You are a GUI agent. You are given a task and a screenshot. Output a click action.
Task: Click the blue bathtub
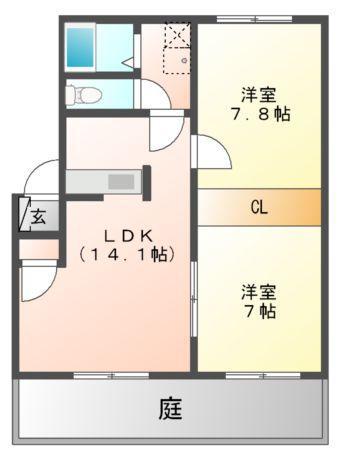pyautogui.click(x=80, y=47)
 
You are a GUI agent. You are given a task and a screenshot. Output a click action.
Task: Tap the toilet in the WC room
pyautogui.click(x=83, y=94)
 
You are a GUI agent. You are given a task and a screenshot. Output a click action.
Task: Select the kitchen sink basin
pyautogui.click(x=121, y=182)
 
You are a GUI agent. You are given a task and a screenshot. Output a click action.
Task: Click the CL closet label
pyautogui.click(x=259, y=207)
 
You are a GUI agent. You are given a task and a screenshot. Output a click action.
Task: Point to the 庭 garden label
pyautogui.click(x=170, y=409)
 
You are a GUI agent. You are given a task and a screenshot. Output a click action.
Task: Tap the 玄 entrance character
pyautogui.click(x=38, y=218)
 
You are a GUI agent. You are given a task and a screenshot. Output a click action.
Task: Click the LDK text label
pyautogui.click(x=128, y=236)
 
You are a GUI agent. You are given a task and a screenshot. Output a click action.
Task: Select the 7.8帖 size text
pyautogui.click(x=261, y=115)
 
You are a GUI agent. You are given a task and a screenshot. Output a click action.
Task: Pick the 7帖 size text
pyautogui.click(x=261, y=311)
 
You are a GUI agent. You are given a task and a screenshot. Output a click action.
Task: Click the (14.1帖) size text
pyautogui.click(x=127, y=255)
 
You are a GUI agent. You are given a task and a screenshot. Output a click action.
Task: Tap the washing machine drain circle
pyautogui.click(x=184, y=60)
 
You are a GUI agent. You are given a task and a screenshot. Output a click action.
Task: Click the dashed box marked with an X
pyautogui.click(x=178, y=34)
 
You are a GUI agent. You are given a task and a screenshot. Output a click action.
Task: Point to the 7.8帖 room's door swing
pyautogui.click(x=211, y=151)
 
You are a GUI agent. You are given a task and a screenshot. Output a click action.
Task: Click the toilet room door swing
pyautogui.click(x=155, y=94)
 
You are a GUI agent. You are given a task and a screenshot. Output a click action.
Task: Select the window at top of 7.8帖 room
pyautogui.click(x=255, y=19)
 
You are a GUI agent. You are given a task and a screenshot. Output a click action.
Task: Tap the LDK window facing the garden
pyautogui.click(x=111, y=376)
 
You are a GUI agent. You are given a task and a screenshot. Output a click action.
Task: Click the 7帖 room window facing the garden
pyautogui.click(x=263, y=376)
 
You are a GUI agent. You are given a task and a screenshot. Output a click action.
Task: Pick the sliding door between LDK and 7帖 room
pyautogui.click(x=194, y=299)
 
